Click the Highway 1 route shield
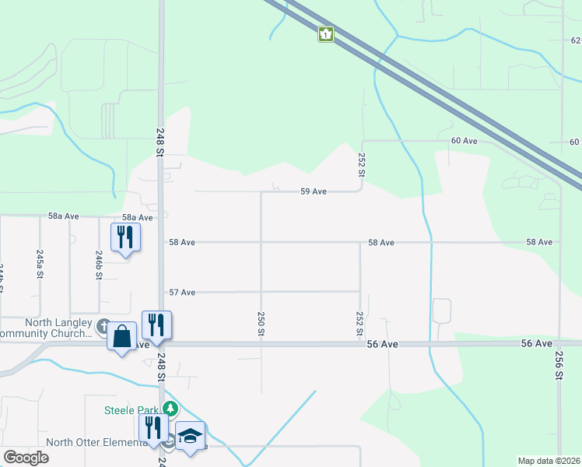[325, 34]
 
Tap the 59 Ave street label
[313, 191]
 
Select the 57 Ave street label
[182, 292]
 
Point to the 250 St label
[261, 324]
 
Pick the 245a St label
[39, 263]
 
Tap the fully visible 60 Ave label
[464, 141]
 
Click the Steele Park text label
[132, 410]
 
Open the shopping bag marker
[122, 336]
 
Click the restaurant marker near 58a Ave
[125, 236]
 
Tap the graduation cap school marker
[190, 436]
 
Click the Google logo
[26, 458]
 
